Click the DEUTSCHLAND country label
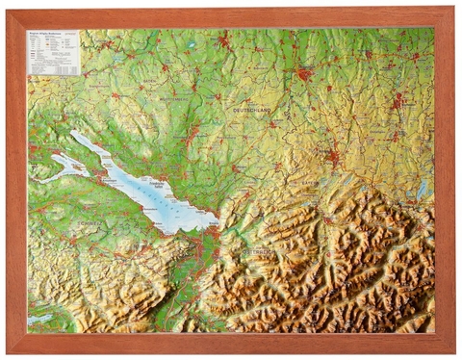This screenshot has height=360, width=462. click(x=252, y=111)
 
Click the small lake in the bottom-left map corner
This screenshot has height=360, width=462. click(x=40, y=319)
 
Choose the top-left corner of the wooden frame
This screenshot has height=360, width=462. click(x=11, y=11)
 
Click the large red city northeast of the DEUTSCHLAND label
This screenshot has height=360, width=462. click(x=305, y=72)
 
